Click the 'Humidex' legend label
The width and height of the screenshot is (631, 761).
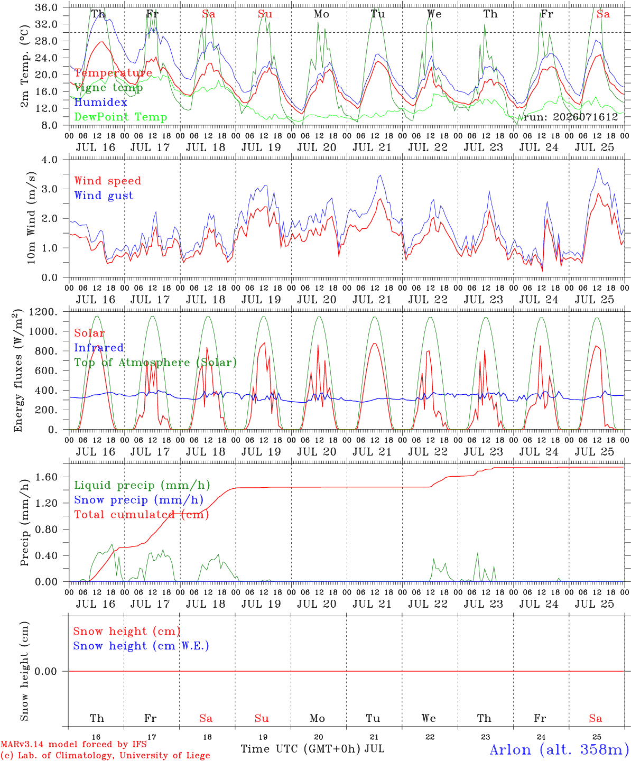click(x=100, y=102)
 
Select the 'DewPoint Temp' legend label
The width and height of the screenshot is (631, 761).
click(x=120, y=117)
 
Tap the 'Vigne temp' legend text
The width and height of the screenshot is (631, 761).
click(x=109, y=88)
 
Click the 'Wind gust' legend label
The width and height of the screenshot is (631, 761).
click(x=104, y=196)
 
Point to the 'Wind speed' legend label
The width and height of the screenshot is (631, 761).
click(x=107, y=181)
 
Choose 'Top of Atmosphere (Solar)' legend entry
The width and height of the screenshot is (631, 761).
click(x=156, y=363)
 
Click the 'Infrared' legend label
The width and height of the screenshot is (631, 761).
click(x=99, y=348)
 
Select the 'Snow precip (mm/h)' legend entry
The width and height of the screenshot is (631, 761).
click(x=139, y=500)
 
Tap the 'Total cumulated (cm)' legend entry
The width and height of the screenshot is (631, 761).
click(x=142, y=514)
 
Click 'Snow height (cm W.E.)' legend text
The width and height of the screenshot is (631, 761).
click(x=141, y=646)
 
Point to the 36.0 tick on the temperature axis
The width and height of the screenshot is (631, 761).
click(x=46, y=7)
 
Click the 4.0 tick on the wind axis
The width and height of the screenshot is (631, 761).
click(x=49, y=160)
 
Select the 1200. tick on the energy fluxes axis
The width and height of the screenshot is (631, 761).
click(x=43, y=312)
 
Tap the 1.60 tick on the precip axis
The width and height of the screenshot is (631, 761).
click(x=46, y=477)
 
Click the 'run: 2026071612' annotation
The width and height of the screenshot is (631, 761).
click(x=570, y=117)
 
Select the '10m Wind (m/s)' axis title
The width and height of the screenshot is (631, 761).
click(x=31, y=217)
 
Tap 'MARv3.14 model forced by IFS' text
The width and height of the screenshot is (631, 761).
click(x=73, y=744)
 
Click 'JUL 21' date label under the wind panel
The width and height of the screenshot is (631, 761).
click(x=372, y=300)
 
